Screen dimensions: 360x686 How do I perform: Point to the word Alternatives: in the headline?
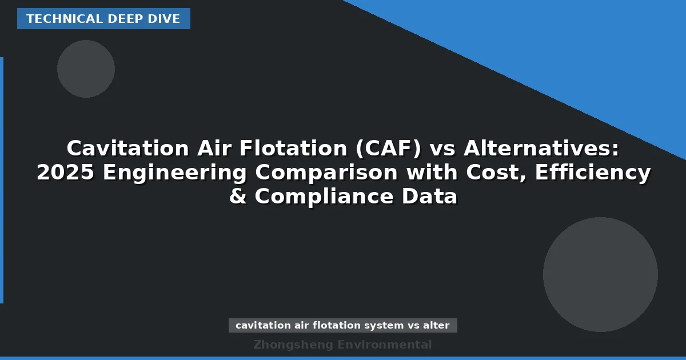tap(541, 149)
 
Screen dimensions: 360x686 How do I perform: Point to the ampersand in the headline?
tap(238, 197)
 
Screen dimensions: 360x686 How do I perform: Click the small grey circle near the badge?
tap(86, 69)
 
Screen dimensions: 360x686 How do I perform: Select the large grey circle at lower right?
tap(600, 274)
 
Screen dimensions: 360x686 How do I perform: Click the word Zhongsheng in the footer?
tap(293, 345)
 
